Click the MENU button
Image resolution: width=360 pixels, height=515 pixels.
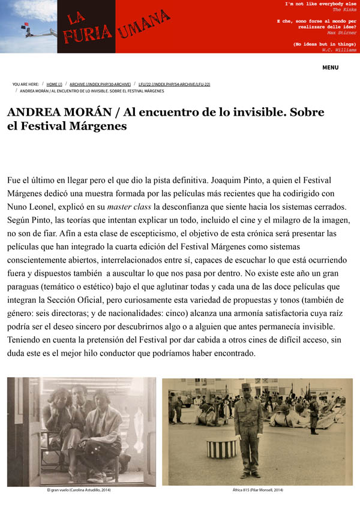tap(330, 68)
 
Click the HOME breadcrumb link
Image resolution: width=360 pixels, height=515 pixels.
tap(54, 85)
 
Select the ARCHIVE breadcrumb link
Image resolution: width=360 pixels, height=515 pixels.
tap(100, 85)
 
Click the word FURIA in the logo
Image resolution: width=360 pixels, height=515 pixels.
tap(83, 35)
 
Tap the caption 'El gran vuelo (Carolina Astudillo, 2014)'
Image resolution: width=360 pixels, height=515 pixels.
tap(79, 490)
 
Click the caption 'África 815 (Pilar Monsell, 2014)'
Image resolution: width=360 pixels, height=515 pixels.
tap(257, 490)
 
